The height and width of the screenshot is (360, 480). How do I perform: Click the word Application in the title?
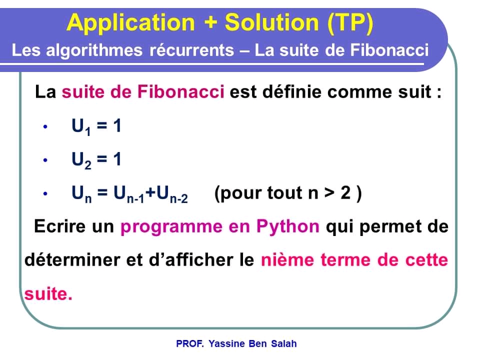pos(130,23)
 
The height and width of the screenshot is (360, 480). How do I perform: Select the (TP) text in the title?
pos(350,23)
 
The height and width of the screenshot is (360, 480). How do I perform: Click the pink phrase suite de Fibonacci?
pos(143,92)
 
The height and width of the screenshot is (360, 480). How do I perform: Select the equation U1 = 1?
pos(96,126)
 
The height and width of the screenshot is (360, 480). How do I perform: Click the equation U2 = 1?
pos(96,160)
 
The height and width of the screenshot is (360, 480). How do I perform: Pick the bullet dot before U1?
pos(45,127)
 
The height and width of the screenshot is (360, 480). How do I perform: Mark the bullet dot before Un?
pos(45,193)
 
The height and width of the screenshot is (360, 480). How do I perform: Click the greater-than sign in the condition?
pos(328,193)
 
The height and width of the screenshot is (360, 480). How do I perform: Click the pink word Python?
pos(287,226)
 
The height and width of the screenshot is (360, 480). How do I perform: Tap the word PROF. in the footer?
pos(190,344)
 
